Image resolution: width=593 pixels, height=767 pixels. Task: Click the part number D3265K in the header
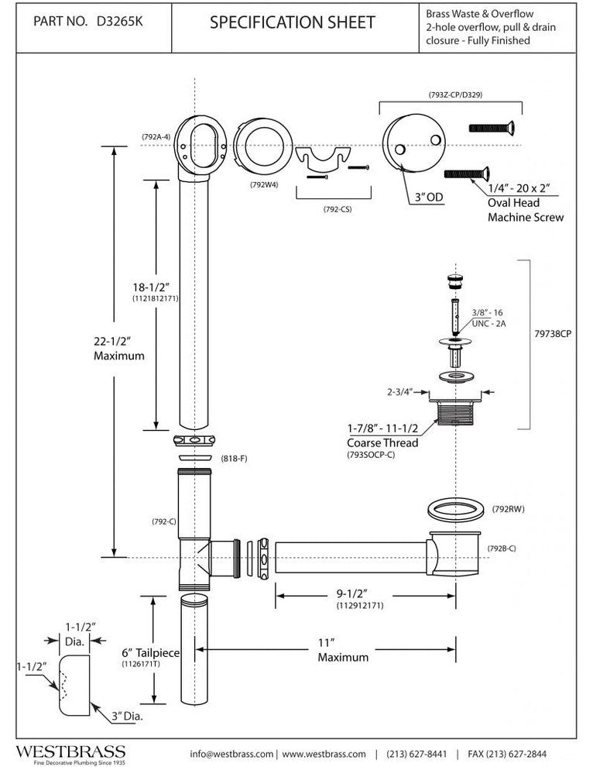point(118,22)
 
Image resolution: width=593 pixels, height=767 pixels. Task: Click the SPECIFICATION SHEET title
point(293,22)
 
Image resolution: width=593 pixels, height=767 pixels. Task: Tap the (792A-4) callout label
point(157,137)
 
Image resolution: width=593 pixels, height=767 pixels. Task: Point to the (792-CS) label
point(335,208)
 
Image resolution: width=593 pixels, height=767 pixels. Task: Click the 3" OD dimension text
point(427,198)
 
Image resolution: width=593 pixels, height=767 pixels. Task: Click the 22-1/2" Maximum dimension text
point(118,349)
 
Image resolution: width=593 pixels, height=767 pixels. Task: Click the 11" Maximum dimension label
point(342,649)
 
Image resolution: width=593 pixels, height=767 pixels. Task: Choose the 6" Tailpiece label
point(150,653)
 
